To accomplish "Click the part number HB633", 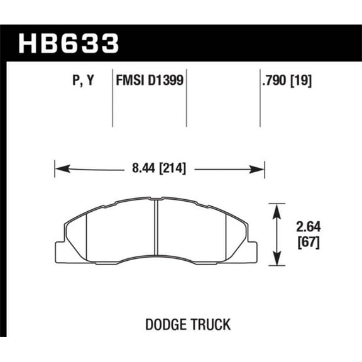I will [69, 43].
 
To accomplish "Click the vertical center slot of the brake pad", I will [156, 230].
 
